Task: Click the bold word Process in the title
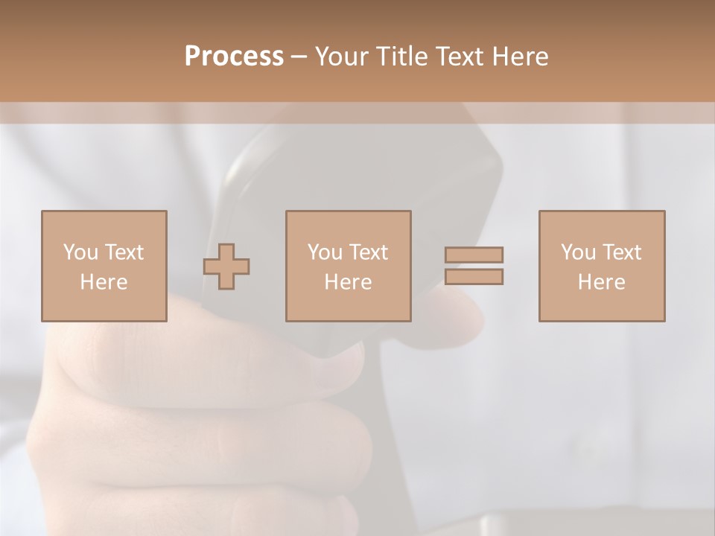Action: (x=234, y=57)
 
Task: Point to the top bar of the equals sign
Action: (x=474, y=255)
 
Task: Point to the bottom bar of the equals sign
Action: (x=474, y=277)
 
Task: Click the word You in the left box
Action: (x=80, y=252)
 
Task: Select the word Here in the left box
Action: (x=104, y=282)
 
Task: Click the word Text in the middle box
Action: (x=368, y=252)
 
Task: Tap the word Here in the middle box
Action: (x=349, y=282)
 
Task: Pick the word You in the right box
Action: (x=578, y=252)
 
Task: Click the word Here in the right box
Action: (x=602, y=282)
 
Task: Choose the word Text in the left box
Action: (x=124, y=252)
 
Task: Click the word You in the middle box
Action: (x=325, y=252)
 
